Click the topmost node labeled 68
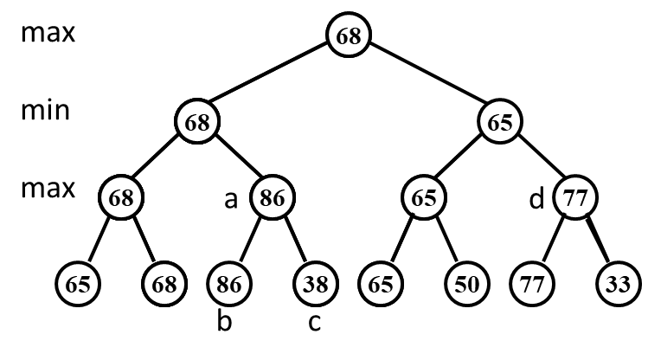click(x=349, y=36)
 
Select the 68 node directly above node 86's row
click(x=197, y=122)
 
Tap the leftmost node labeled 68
click(x=121, y=198)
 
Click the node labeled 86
click(x=273, y=198)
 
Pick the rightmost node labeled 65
click(x=424, y=198)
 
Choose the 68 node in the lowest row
click(x=164, y=284)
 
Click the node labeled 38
click(x=316, y=284)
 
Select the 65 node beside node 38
click(x=381, y=284)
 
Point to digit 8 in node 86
click(x=266, y=198)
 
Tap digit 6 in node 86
click(x=279, y=198)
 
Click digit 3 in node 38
click(x=310, y=284)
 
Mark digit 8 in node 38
click(x=322, y=284)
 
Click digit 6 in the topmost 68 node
click(x=343, y=36)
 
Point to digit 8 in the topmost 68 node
click(x=355, y=36)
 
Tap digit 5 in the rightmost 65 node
click(x=430, y=198)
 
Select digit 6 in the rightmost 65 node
click(x=418, y=198)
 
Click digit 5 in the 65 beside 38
click(x=387, y=284)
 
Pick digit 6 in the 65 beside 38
click(x=375, y=284)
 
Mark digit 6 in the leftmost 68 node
click(x=115, y=198)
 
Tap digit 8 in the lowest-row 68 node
click(x=170, y=284)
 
